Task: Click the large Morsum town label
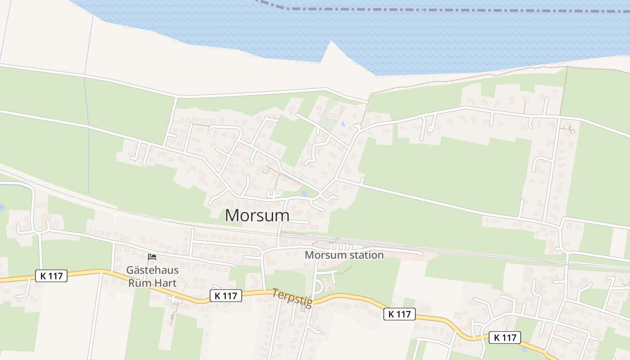coord(257,215)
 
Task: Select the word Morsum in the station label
coord(322,255)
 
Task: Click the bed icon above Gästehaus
coord(152,257)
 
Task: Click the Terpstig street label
coord(292,298)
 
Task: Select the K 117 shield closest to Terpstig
coord(225,296)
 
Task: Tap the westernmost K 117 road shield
coord(51,276)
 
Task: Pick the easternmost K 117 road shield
coord(504,337)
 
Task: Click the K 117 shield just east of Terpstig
coord(399,314)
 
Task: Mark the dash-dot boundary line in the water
coord(450,10)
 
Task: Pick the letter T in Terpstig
coord(275,293)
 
